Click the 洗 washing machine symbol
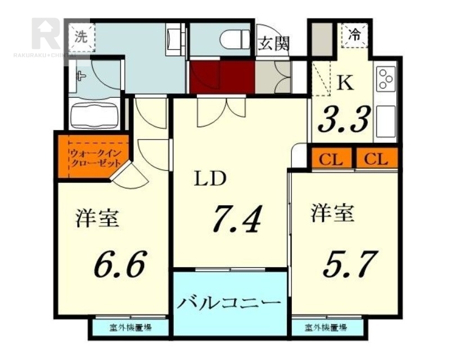pos(82,38)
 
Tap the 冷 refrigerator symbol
pos(355,34)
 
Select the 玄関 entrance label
pos(273,44)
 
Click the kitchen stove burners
pos(386,79)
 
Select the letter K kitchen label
pos(345,83)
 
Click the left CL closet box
pos(332,159)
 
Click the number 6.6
pos(120,262)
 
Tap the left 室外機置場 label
pos(130,327)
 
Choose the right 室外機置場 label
pos(326,327)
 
